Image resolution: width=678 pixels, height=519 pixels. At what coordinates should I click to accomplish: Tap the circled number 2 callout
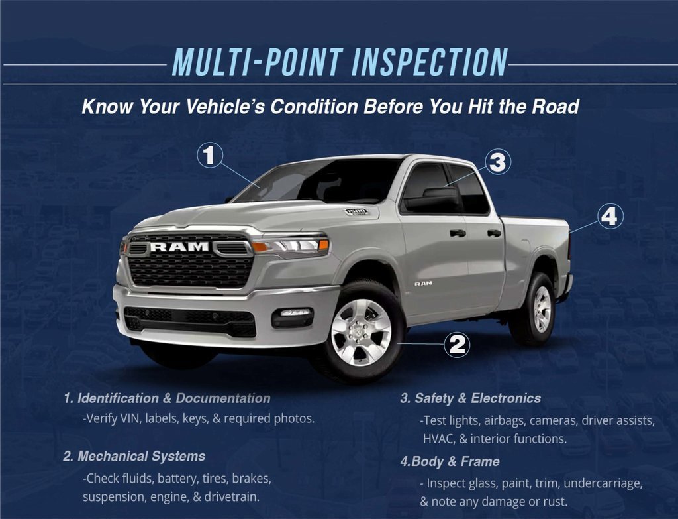coord(457,344)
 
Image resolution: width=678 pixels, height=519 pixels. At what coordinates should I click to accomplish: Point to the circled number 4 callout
coord(610,216)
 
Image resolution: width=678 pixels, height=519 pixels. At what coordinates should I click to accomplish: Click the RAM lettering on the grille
coord(179,247)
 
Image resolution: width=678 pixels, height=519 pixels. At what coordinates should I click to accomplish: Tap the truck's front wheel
coord(360,331)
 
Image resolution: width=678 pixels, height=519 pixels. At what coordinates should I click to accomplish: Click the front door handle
coord(458,233)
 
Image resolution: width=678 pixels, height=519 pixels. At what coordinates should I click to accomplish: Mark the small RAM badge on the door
coord(423,283)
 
